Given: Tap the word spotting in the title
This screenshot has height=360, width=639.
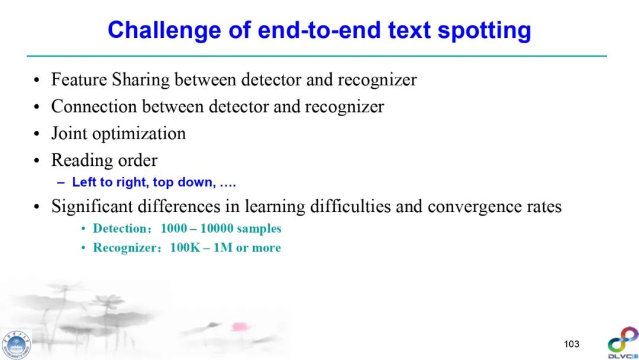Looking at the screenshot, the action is click(484, 31).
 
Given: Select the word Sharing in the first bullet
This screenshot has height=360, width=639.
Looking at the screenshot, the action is click(141, 80).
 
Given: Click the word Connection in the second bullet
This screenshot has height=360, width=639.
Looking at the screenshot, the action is click(93, 107).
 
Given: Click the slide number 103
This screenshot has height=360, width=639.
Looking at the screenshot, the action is click(572, 344).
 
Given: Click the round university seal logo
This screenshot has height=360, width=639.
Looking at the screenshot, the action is click(16, 345).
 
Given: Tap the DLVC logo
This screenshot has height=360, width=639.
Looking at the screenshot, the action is click(623, 343).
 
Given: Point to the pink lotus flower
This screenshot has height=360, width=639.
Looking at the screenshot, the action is click(240, 326).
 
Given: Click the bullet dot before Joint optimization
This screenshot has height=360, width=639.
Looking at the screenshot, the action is click(37, 134).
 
